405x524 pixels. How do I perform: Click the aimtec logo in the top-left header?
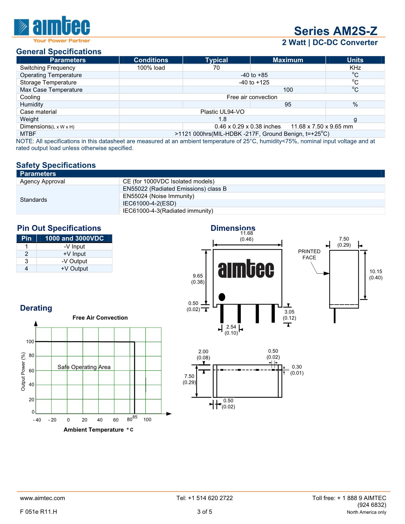(x=52, y=28)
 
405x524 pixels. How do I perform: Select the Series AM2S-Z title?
(x=336, y=31)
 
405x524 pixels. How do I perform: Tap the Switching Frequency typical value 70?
(x=216, y=68)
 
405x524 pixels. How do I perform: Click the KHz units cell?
(x=355, y=68)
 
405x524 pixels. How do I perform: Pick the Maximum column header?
(x=288, y=60)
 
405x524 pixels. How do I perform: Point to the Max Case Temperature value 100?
(x=288, y=90)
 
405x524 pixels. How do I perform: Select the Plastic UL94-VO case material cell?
(x=222, y=112)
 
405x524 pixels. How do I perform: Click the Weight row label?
(x=29, y=119)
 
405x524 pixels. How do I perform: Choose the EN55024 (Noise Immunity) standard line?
(x=159, y=196)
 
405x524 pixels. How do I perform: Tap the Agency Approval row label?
(x=43, y=181)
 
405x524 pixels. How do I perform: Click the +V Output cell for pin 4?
(x=74, y=269)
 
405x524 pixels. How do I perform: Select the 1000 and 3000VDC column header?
(x=74, y=238)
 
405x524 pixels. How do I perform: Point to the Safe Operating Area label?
(x=84, y=367)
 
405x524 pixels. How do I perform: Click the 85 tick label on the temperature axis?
(x=135, y=417)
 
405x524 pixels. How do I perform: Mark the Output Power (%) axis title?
(x=23, y=371)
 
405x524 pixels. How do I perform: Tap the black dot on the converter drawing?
(x=222, y=297)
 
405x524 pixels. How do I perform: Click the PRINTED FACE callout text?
(x=309, y=255)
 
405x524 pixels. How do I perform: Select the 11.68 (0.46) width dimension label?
(x=246, y=236)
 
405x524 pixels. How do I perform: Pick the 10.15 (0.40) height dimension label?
(x=376, y=274)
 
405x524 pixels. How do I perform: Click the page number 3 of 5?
(x=205, y=512)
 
